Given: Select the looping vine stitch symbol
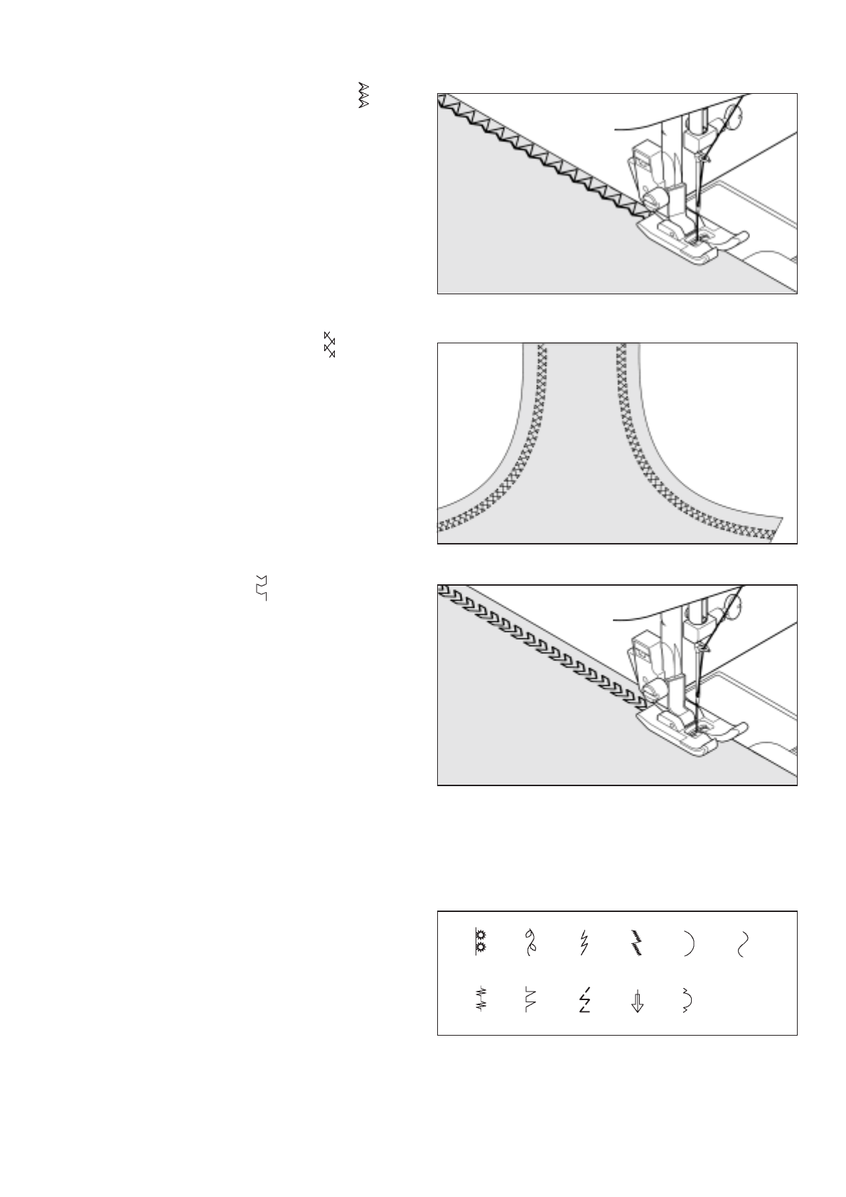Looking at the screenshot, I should (531, 942).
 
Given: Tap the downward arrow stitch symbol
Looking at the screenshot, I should (637, 1001).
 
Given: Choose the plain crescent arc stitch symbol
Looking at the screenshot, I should (687, 943).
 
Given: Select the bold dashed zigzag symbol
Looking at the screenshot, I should (584, 1000).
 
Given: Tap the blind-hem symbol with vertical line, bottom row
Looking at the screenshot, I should (530, 1000).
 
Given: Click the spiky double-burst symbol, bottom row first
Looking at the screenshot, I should (481, 999).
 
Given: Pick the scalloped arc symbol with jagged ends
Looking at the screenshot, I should (687, 1000).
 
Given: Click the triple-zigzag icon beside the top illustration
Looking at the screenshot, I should (364, 95).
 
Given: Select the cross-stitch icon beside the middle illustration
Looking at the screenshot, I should (329, 344).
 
